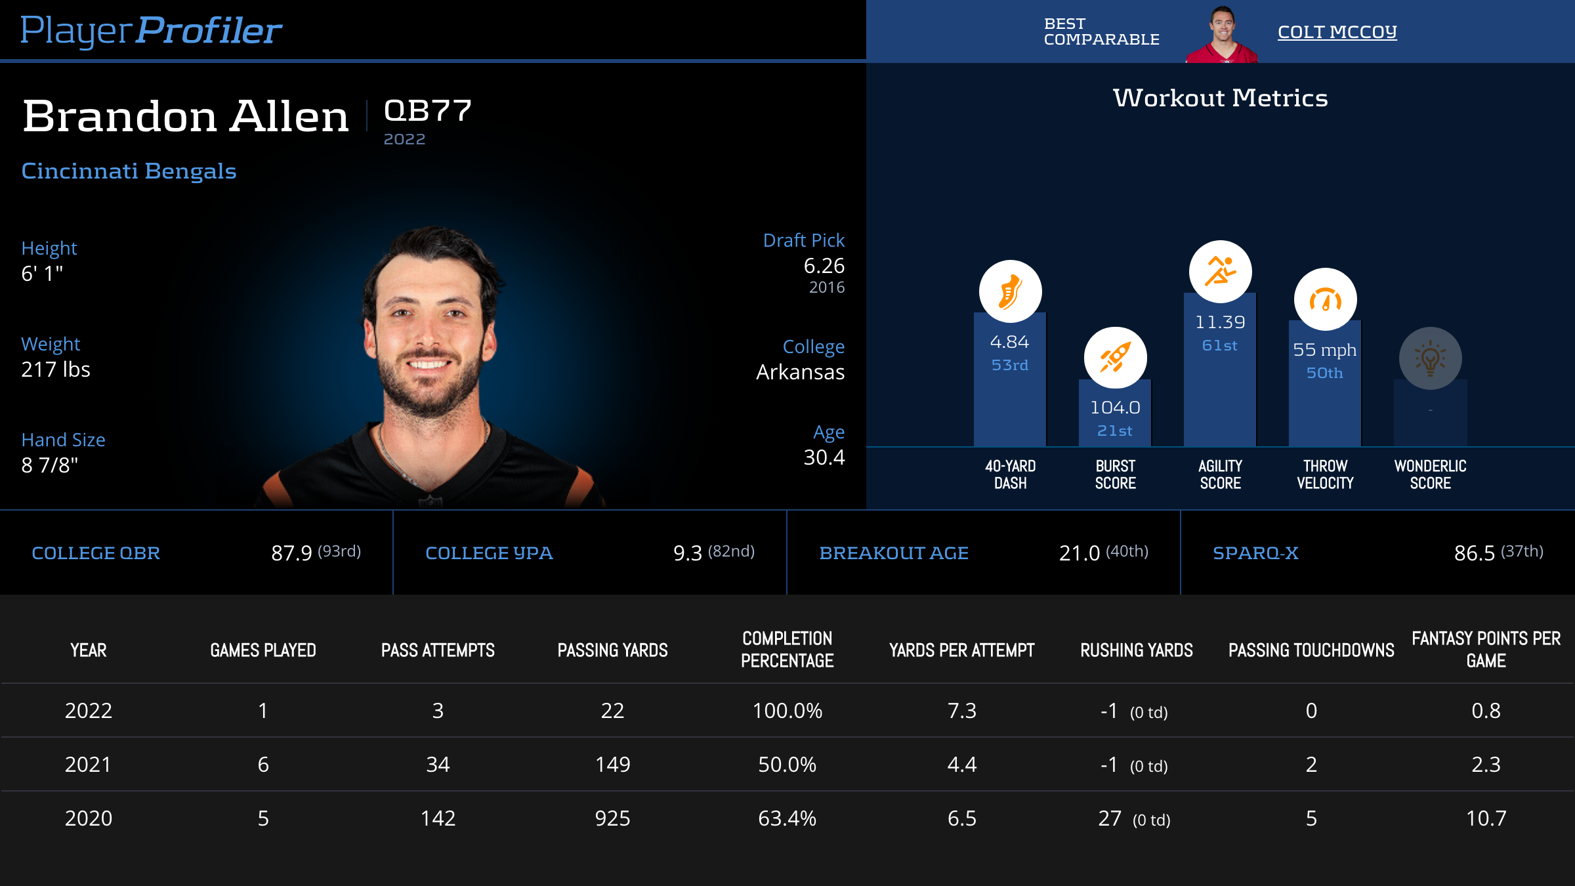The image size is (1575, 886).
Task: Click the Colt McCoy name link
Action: point(1337,32)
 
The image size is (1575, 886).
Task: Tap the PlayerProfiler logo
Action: point(151,30)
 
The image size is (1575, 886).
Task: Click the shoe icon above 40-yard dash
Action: point(1010,291)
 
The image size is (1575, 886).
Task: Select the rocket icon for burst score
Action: point(1115,358)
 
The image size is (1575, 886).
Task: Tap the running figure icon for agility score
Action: point(1220,271)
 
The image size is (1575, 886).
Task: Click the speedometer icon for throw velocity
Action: point(1325,299)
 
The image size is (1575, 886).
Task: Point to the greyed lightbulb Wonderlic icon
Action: point(1430,358)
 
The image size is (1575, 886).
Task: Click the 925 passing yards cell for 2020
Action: point(612,818)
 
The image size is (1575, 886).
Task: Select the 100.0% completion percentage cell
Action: point(787,711)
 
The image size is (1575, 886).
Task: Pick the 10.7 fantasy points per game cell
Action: point(1486,818)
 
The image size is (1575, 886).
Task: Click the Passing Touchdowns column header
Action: point(1311,650)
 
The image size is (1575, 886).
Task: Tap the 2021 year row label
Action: point(88,765)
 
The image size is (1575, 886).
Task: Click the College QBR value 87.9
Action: point(291,553)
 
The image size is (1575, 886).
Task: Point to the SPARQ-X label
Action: point(1255,553)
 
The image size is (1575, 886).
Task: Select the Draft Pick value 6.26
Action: point(824,266)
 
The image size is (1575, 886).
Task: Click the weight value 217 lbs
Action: point(56,369)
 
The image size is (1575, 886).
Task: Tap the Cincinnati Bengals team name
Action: point(129,171)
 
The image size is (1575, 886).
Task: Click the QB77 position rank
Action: point(427,110)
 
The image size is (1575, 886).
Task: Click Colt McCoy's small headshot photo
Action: point(1221,34)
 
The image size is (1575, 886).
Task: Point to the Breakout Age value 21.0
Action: point(1079,553)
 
